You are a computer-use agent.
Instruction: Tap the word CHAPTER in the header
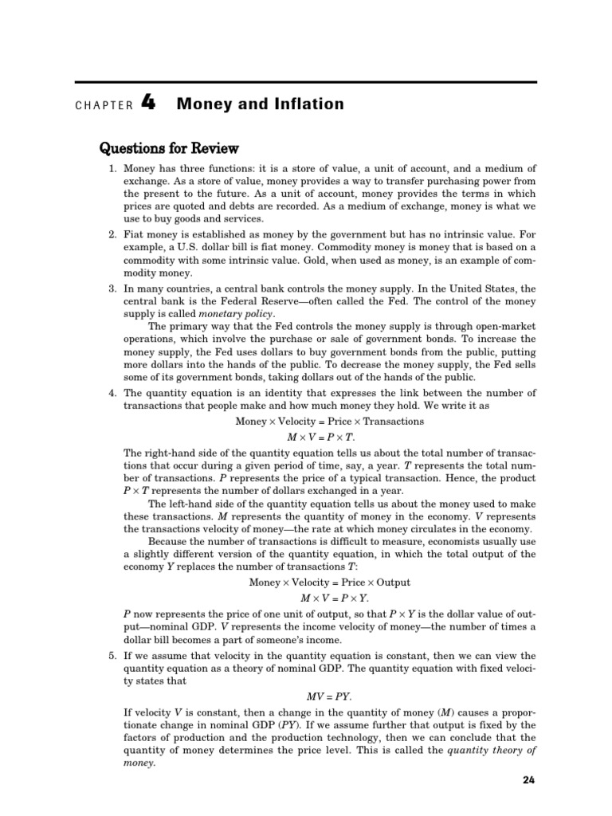(x=104, y=105)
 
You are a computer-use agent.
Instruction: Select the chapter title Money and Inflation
(x=261, y=104)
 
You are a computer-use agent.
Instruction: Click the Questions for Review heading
(x=168, y=149)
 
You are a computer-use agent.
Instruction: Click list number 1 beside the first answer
(x=112, y=168)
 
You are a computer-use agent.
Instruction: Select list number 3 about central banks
(x=112, y=288)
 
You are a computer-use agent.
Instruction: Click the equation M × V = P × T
(x=321, y=437)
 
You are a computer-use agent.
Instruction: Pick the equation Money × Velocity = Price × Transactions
(x=330, y=422)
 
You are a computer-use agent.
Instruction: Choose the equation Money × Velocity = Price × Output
(x=330, y=582)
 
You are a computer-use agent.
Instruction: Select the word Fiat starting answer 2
(x=135, y=234)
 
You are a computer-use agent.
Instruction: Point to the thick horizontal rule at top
(x=306, y=82)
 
